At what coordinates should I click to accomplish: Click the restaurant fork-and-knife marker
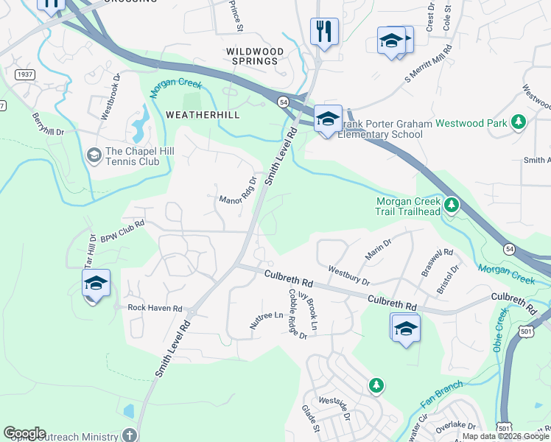[324, 32]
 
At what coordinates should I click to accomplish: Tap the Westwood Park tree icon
[519, 122]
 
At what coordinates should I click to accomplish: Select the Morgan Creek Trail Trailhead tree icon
[451, 204]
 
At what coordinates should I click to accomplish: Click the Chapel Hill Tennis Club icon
[94, 154]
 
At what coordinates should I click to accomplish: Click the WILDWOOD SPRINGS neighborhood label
[254, 55]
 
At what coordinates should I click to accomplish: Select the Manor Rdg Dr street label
[239, 191]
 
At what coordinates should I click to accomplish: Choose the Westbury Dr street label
[348, 275]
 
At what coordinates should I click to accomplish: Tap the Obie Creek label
[500, 330]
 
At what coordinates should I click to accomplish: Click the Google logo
[24, 433]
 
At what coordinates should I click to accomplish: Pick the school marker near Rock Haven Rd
[96, 284]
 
